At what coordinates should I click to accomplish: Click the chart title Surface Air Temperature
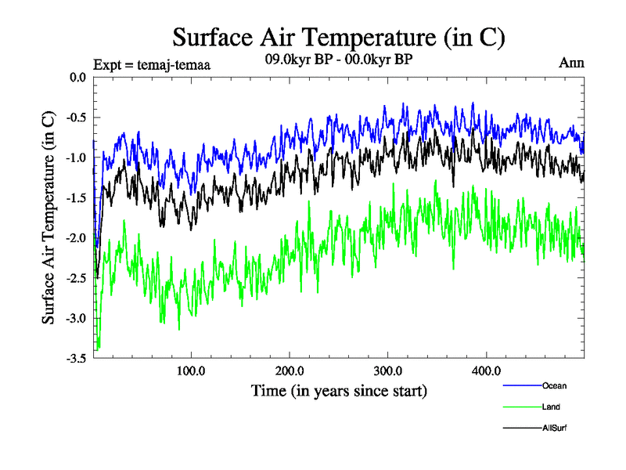[x=338, y=37]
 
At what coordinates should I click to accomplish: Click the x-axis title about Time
[x=339, y=390]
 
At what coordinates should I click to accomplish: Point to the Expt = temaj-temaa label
[x=152, y=64]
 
